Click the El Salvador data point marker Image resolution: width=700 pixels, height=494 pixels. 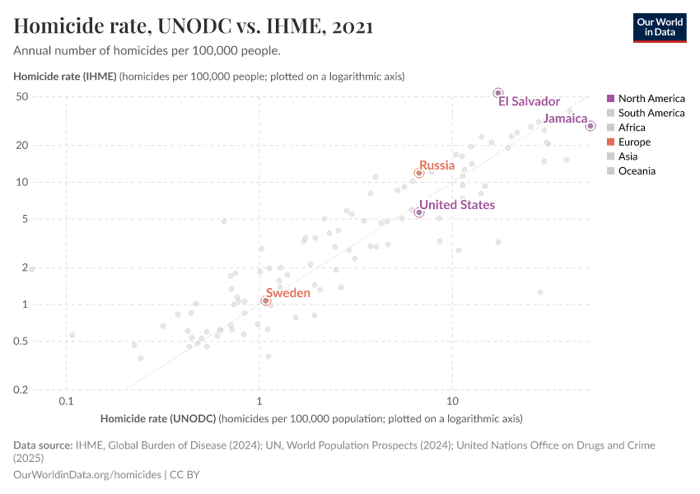tap(497, 93)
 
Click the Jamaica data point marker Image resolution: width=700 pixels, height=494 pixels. tap(590, 126)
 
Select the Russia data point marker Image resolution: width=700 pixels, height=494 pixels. tap(419, 173)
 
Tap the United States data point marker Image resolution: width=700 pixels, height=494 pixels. tap(419, 212)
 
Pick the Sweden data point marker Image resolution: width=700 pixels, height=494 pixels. tap(265, 301)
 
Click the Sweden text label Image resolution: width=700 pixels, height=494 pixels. tap(288, 293)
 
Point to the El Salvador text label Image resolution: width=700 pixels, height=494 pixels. tap(529, 101)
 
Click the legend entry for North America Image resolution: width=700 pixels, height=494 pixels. tap(651, 98)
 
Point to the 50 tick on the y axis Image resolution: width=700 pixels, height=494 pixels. tap(46, 96)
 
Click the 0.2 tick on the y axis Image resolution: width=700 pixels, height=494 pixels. tap(45, 390)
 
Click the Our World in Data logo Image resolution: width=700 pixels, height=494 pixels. tap(659, 27)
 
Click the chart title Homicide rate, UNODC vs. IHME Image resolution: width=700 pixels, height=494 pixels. tap(194, 26)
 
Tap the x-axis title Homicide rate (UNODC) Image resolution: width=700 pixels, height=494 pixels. tap(158, 418)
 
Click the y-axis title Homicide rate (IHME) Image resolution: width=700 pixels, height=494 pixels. tap(66, 77)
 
